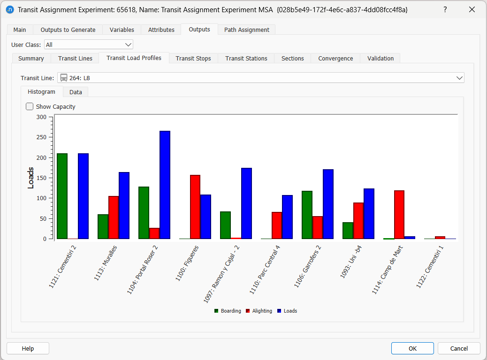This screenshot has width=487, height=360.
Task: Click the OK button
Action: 412,348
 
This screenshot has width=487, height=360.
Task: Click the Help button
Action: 28,348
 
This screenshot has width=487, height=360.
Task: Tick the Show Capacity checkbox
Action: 30,106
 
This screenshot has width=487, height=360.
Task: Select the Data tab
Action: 76,92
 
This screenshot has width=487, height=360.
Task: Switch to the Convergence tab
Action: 335,58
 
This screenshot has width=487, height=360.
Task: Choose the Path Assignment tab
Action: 246,30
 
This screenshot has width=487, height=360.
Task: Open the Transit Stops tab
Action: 193,58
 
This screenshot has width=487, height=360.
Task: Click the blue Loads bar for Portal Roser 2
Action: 165,185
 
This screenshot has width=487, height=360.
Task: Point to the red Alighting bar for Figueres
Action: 195,207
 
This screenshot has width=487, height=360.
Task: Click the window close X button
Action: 472,10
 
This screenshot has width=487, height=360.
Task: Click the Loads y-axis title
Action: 31,178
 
